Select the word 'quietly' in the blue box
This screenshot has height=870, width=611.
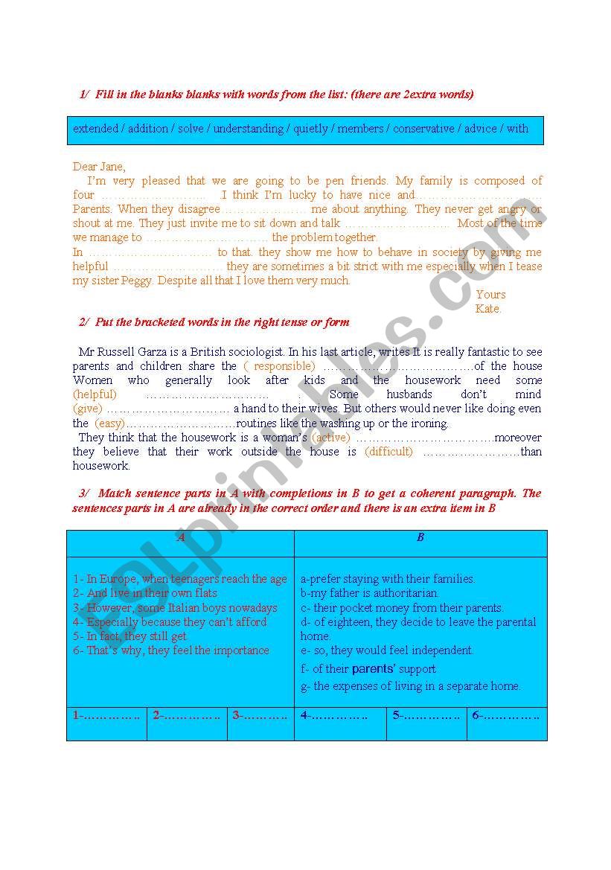coord(310,129)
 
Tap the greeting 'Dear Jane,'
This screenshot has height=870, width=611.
coord(99,167)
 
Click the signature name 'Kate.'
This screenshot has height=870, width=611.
coord(488,309)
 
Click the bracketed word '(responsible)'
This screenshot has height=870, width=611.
coord(279,366)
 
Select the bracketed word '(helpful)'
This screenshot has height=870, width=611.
coord(95,394)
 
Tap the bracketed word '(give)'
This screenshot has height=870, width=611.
coord(87,409)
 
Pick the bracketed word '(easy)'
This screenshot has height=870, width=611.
coord(109,423)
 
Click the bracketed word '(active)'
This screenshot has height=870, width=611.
coord(330,438)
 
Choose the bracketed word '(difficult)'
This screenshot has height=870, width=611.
coord(388,452)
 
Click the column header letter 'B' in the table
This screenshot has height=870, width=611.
coord(420,537)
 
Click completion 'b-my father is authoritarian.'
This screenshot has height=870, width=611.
coord(370,593)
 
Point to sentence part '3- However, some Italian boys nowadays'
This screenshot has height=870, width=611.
coord(175,607)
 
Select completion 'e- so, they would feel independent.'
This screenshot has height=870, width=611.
coord(387,650)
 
